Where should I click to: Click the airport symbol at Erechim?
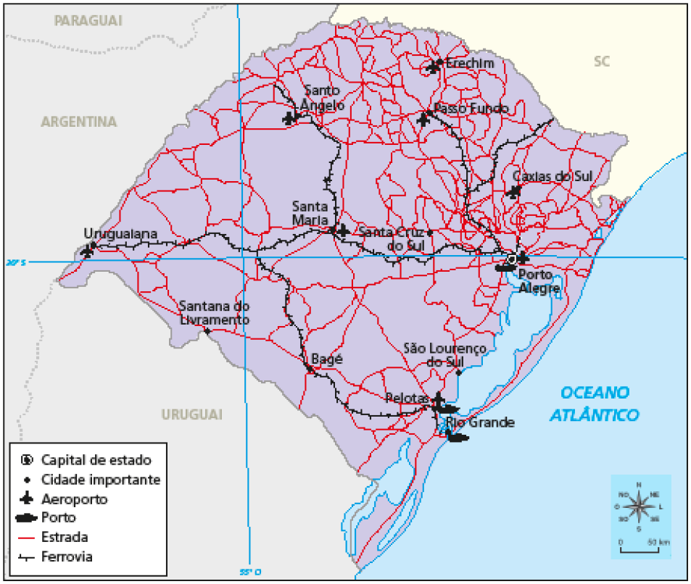point(434,67)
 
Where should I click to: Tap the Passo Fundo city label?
point(471,109)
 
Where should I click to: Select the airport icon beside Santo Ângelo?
point(290,118)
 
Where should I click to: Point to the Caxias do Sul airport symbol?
point(515,192)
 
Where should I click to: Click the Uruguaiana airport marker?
point(88,251)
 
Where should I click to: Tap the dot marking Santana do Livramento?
point(208,331)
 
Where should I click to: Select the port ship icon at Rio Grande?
point(456,437)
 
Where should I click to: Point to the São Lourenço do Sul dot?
point(458,372)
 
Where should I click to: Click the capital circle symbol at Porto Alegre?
point(512,259)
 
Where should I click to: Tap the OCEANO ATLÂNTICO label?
point(594,404)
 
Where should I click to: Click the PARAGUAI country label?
point(88,20)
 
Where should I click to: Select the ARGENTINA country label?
point(78,122)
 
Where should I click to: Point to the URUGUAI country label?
point(191,414)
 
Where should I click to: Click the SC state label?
point(602,62)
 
